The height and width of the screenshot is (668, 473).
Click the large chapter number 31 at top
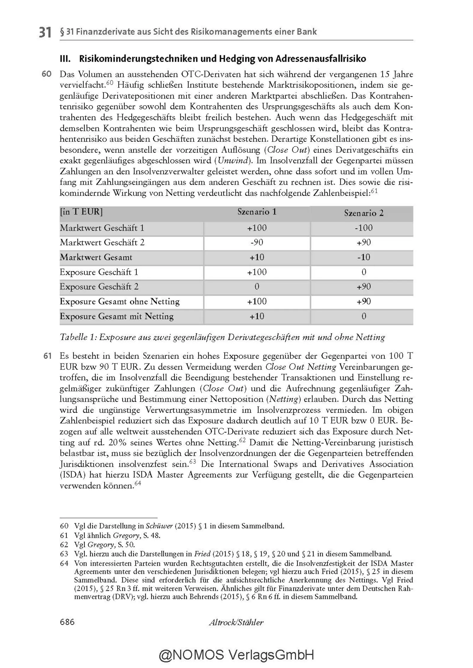(45, 32)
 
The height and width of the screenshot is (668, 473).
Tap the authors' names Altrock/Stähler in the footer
(236, 622)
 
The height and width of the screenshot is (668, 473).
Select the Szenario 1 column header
(257, 212)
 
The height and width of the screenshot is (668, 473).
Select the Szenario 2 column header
(364, 213)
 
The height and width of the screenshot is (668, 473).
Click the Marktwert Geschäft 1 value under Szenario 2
(364, 228)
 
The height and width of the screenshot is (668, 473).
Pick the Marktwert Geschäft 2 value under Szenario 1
(257, 242)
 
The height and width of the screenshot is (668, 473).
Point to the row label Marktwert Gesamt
(96, 257)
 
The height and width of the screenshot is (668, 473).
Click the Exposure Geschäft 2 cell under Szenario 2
(364, 287)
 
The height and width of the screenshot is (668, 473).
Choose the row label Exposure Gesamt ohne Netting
(119, 302)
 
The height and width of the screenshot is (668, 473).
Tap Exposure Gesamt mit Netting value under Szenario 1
(257, 316)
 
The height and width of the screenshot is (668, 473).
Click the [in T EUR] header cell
(81, 212)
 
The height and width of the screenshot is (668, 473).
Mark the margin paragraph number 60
(47, 74)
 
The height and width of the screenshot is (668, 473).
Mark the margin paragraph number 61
(47, 356)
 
